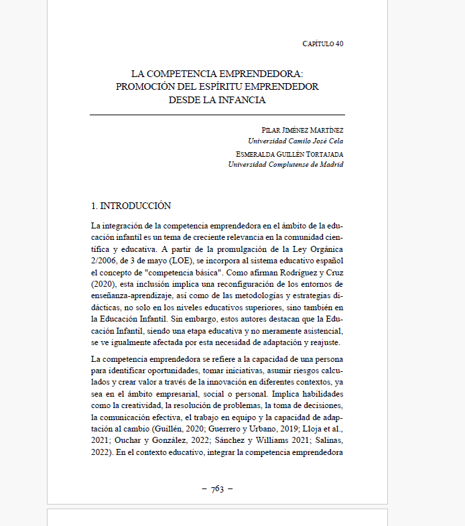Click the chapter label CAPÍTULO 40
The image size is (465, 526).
(323, 44)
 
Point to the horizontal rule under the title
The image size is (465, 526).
(217, 115)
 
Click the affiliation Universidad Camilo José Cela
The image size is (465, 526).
(295, 141)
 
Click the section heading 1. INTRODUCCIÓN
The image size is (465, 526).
(131, 206)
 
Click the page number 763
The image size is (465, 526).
(217, 489)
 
